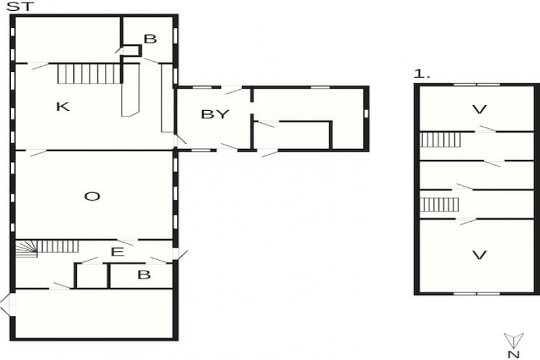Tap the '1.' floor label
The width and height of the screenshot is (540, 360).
422,75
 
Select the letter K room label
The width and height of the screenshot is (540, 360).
62,106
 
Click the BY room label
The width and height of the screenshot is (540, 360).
214,115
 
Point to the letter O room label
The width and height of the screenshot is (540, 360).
92,196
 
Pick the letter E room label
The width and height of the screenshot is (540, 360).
117,252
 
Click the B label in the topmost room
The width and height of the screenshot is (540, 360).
150,40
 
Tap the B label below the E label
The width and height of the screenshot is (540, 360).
145,275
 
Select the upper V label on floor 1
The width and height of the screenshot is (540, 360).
479,110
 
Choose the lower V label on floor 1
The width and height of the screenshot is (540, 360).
479,256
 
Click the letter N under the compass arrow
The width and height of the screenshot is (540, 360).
512,354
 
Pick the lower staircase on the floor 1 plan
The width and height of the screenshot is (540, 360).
440,205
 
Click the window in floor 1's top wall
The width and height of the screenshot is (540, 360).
476,84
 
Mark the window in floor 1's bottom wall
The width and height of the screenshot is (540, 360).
476,293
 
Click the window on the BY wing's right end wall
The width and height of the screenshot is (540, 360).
366,113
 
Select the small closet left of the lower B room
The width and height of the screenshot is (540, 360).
91,275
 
